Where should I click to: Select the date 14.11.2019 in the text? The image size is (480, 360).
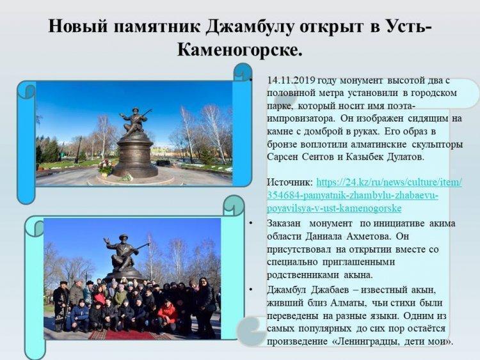pyautogui.click(x=291, y=80)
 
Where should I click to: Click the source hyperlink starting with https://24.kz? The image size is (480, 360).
pyautogui.click(x=364, y=195)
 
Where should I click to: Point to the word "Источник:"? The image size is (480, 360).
pyautogui.click(x=290, y=182)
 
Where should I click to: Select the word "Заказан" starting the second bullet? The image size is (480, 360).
pyautogui.click(x=284, y=223)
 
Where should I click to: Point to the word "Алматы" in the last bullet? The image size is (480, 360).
pyautogui.click(x=348, y=303)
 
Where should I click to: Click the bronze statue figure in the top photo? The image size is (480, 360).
pyautogui.click(x=135, y=120)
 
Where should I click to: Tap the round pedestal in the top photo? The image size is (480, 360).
pyautogui.click(x=135, y=157)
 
